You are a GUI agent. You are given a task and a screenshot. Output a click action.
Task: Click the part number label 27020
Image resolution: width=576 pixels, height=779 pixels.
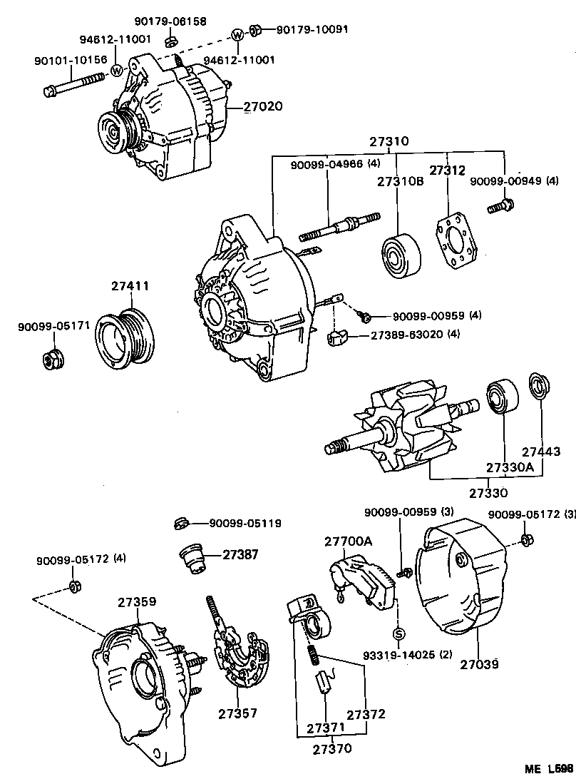pos(263,107)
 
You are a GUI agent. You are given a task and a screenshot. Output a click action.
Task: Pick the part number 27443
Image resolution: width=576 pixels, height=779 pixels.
pos(541,452)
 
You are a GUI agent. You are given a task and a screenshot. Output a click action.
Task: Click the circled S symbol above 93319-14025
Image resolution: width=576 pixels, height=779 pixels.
pos(399,633)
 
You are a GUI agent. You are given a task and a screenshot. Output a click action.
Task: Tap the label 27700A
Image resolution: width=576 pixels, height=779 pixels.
pos(348,541)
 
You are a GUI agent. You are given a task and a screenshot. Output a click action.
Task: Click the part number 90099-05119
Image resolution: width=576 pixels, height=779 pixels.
pos(245,524)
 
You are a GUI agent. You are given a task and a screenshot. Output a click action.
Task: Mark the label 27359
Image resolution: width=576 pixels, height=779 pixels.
pos(137,602)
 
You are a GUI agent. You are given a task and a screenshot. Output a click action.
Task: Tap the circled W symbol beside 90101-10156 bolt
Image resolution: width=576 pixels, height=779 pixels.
pos(117,70)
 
